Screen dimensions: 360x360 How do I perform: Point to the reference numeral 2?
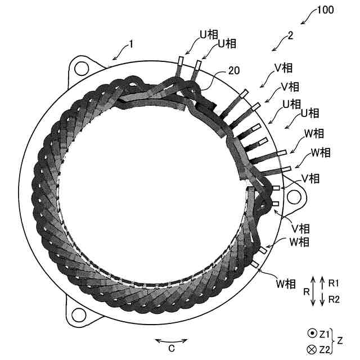tap(290, 35)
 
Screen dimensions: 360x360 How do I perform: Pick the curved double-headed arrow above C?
tap(172, 339)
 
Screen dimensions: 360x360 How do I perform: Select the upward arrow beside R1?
tap(322, 282)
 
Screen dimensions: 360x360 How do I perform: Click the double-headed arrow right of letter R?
tap(313, 291)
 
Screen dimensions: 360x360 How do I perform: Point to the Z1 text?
tap(324, 334)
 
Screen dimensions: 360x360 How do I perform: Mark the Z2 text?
tap(324, 349)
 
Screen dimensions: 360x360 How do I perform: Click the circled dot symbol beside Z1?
tap(312, 334)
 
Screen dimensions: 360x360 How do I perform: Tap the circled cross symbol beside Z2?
tap(312, 349)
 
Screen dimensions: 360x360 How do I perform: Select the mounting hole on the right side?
tap(294, 196)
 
